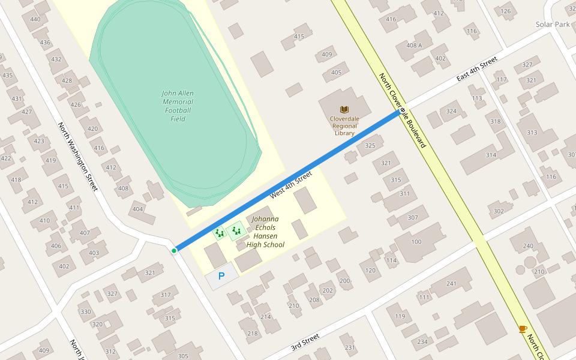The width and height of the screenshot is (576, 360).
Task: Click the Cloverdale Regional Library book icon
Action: coord(344,109)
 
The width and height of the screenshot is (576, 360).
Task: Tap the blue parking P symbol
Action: coord(221,277)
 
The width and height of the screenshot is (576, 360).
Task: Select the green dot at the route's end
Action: coord(174,250)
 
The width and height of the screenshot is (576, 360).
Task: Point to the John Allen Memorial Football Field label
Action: coord(178,106)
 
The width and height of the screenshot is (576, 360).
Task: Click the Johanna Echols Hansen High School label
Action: coord(265,232)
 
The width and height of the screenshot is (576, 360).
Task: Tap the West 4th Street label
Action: coord(291,185)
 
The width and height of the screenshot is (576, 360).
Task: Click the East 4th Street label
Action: coord(477,69)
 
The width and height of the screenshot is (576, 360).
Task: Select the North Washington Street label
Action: coord(77,157)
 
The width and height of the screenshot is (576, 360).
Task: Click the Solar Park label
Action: coord(553,25)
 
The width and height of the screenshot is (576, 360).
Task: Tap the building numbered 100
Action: coord(416,241)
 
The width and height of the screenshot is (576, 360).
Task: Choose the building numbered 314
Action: coord(491,155)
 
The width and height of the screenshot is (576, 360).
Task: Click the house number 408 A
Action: coord(414,46)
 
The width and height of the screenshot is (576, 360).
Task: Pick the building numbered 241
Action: coord(452,284)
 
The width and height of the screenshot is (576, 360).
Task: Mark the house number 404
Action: coord(138,209)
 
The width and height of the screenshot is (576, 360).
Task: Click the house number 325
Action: coord(370,146)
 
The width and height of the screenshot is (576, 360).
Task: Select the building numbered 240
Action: coord(528,246)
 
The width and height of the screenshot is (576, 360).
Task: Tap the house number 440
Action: coord(35,19)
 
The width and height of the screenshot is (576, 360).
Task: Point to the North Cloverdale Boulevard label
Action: coord(402,111)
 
